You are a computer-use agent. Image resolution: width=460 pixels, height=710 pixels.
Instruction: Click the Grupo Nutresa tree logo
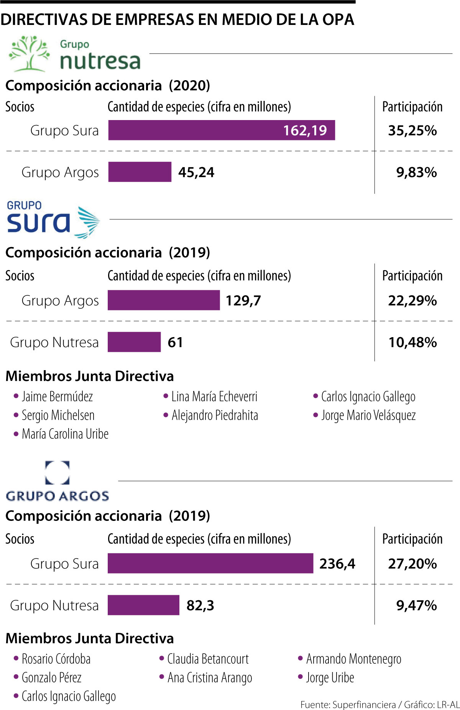[29, 54]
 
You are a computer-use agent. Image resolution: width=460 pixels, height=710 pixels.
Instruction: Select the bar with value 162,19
[221, 130]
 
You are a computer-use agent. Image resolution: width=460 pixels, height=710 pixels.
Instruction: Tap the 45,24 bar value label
[196, 172]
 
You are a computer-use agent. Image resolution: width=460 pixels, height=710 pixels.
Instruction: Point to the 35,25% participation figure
[412, 130]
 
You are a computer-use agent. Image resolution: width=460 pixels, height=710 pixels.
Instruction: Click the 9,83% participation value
[416, 172]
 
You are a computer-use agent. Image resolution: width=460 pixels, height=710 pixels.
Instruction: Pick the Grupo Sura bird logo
[88, 222]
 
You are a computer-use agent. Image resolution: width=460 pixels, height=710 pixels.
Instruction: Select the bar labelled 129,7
[164, 300]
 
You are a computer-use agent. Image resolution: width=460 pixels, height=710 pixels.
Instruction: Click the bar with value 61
[134, 342]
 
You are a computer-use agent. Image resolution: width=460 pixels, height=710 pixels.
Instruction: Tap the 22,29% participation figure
[412, 300]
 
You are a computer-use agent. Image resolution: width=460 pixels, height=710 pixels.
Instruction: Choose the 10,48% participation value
[412, 342]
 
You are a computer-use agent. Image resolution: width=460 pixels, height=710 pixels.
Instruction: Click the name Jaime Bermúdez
[57, 397]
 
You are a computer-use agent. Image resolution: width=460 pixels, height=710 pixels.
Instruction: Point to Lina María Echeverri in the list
[214, 397]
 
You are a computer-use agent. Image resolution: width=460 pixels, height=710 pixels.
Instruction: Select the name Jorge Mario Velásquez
[368, 415]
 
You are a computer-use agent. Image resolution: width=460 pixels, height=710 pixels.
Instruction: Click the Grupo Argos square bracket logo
[58, 473]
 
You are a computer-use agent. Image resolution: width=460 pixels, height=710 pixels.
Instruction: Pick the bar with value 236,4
[210, 563]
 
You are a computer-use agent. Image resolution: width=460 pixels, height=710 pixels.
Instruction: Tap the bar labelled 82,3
[143, 605]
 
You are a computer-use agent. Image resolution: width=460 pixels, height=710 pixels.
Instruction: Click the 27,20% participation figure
[412, 563]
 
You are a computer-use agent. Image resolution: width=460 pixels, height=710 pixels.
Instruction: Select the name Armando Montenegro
[353, 659]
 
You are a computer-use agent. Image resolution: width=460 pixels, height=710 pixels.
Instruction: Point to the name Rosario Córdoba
[56, 659]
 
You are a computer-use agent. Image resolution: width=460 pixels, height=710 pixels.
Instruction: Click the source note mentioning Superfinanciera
[379, 704]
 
